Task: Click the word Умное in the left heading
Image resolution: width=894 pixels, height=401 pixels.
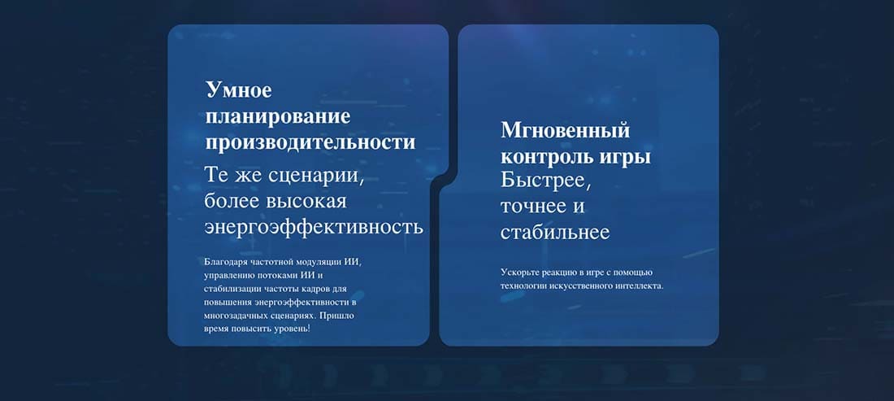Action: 239,89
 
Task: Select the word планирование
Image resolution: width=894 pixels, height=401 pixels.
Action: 278,117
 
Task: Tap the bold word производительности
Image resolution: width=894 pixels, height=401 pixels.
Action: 310,142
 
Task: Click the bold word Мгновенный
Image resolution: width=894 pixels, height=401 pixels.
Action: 565,131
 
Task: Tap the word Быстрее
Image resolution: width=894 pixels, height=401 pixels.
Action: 544,181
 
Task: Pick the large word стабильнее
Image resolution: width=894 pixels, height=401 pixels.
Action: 555,233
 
